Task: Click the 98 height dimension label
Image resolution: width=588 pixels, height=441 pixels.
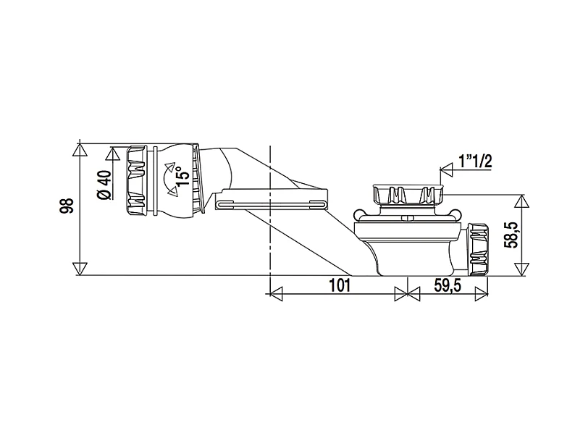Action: pyautogui.click(x=67, y=206)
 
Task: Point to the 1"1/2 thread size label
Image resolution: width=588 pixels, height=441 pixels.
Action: pyautogui.click(x=475, y=161)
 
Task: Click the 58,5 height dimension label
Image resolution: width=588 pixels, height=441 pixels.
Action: pyautogui.click(x=511, y=235)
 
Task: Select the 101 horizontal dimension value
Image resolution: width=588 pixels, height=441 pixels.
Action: pyautogui.click(x=340, y=285)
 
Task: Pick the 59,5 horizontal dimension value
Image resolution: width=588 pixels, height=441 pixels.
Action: pyautogui.click(x=448, y=285)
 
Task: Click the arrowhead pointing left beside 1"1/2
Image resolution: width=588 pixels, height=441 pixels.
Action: pyautogui.click(x=447, y=170)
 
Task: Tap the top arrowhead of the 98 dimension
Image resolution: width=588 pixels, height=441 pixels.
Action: pyautogui.click(x=80, y=150)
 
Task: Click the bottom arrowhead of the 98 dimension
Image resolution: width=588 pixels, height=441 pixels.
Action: pyautogui.click(x=80, y=269)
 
